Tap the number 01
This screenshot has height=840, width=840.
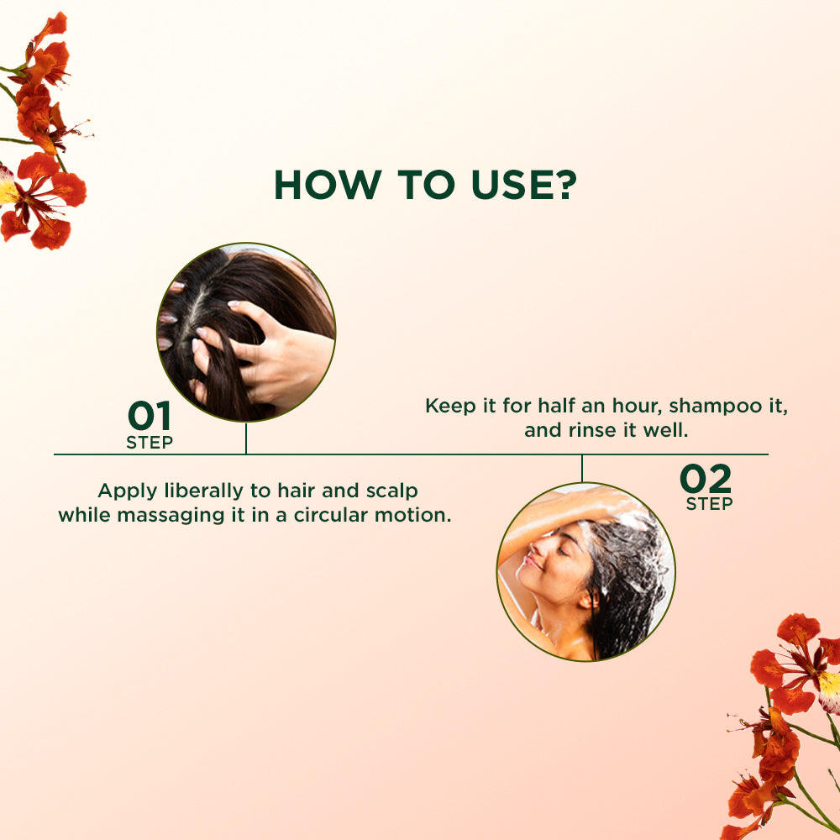150,416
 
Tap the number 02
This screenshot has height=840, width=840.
706,479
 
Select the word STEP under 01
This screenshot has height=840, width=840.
150,443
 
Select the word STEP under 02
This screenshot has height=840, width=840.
709,504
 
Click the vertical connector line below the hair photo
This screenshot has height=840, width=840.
246,438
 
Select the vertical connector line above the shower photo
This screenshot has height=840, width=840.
581,469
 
